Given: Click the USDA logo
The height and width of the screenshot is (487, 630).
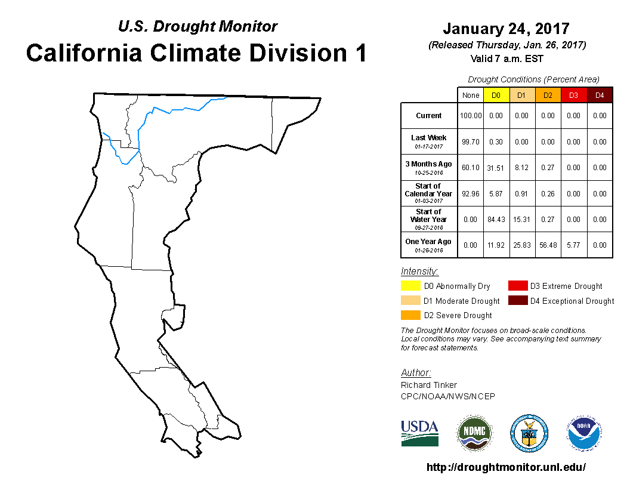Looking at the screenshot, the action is [419, 433].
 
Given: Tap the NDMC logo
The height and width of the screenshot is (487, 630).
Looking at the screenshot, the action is [474, 433].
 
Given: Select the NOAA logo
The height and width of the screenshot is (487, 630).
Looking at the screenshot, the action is [584, 433].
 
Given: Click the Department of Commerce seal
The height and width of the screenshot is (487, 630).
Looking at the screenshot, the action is [529, 433].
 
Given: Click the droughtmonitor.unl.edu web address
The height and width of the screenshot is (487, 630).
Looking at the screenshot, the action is [506, 467].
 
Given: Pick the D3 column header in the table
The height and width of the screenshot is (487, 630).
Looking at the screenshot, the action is [573, 95].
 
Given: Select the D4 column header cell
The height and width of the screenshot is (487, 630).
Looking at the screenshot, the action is [600, 95].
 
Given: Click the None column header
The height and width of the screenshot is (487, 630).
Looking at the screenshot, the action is [471, 95].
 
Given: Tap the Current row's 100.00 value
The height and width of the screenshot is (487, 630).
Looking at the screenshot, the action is [471, 116].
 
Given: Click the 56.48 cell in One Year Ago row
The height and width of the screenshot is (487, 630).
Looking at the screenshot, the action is [548, 245].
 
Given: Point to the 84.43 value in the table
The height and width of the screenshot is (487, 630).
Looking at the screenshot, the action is [496, 220].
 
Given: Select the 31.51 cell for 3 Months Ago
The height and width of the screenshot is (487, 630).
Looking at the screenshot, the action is [495, 168].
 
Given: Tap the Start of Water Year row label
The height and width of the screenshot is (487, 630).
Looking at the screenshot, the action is [429, 219].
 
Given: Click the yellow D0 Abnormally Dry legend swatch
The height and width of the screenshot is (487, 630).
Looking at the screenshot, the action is [410, 286].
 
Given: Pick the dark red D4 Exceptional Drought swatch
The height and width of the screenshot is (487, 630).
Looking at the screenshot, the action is [518, 301].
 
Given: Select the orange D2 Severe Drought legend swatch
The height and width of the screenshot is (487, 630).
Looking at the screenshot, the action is [410, 315].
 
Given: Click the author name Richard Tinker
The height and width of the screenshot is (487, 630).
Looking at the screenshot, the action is [429, 385].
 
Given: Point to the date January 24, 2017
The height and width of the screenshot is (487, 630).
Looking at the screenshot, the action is [507, 29].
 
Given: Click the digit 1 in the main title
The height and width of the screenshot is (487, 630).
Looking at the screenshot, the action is [360, 53].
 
